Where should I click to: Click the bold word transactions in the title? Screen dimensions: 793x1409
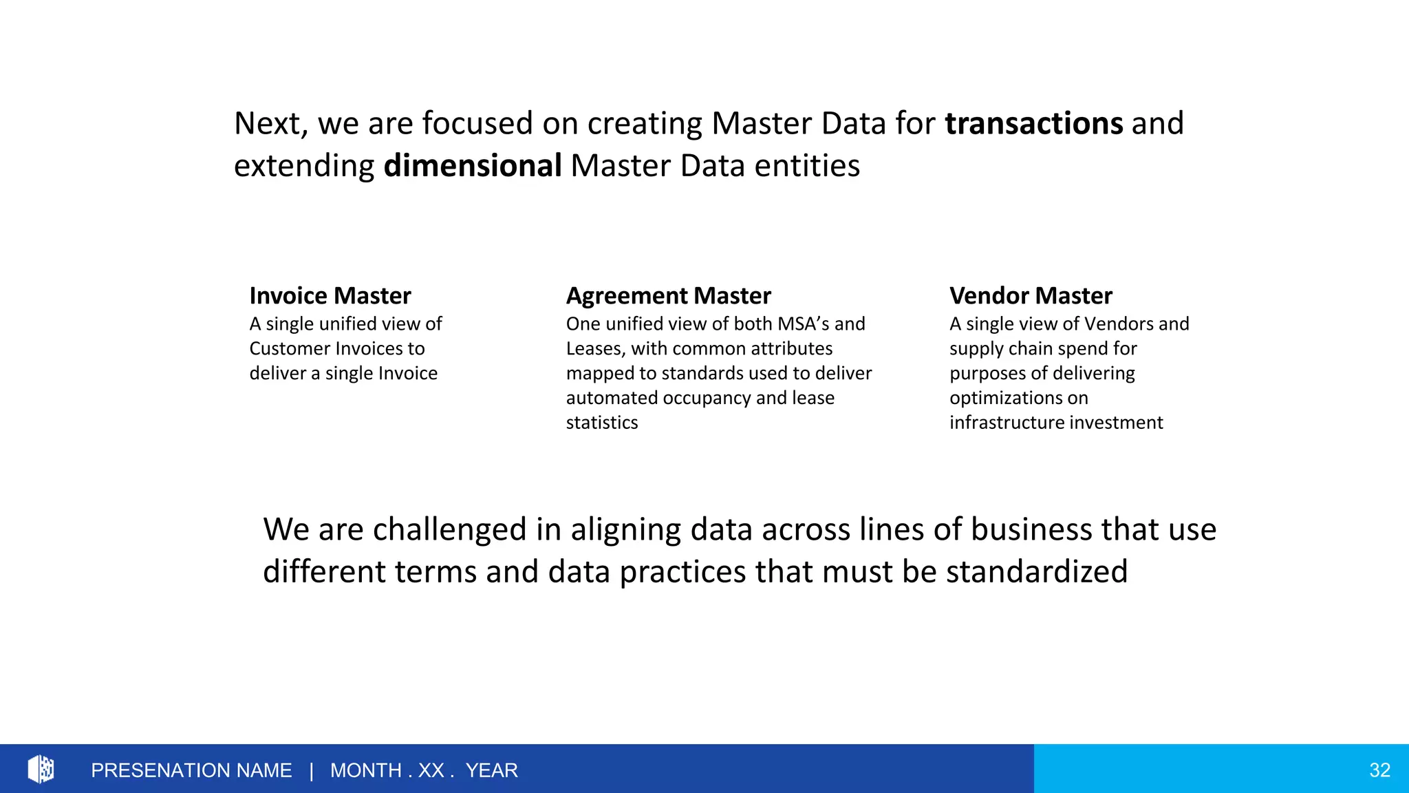[1033, 124]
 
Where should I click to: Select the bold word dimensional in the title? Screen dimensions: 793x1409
[473, 167]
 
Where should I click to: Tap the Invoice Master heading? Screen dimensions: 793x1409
[330, 296]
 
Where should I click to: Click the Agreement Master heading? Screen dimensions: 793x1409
[668, 296]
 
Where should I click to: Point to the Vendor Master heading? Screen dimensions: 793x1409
[1030, 296]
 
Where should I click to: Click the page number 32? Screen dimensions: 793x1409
[1379, 770]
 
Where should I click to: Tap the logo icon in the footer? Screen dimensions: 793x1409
[41, 769]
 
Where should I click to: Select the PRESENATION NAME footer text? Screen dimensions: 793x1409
[191, 770]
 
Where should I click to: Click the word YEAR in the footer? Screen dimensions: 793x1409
[491, 770]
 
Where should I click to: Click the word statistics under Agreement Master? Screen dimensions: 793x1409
[602, 423]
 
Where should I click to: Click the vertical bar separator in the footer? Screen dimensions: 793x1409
[311, 770]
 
